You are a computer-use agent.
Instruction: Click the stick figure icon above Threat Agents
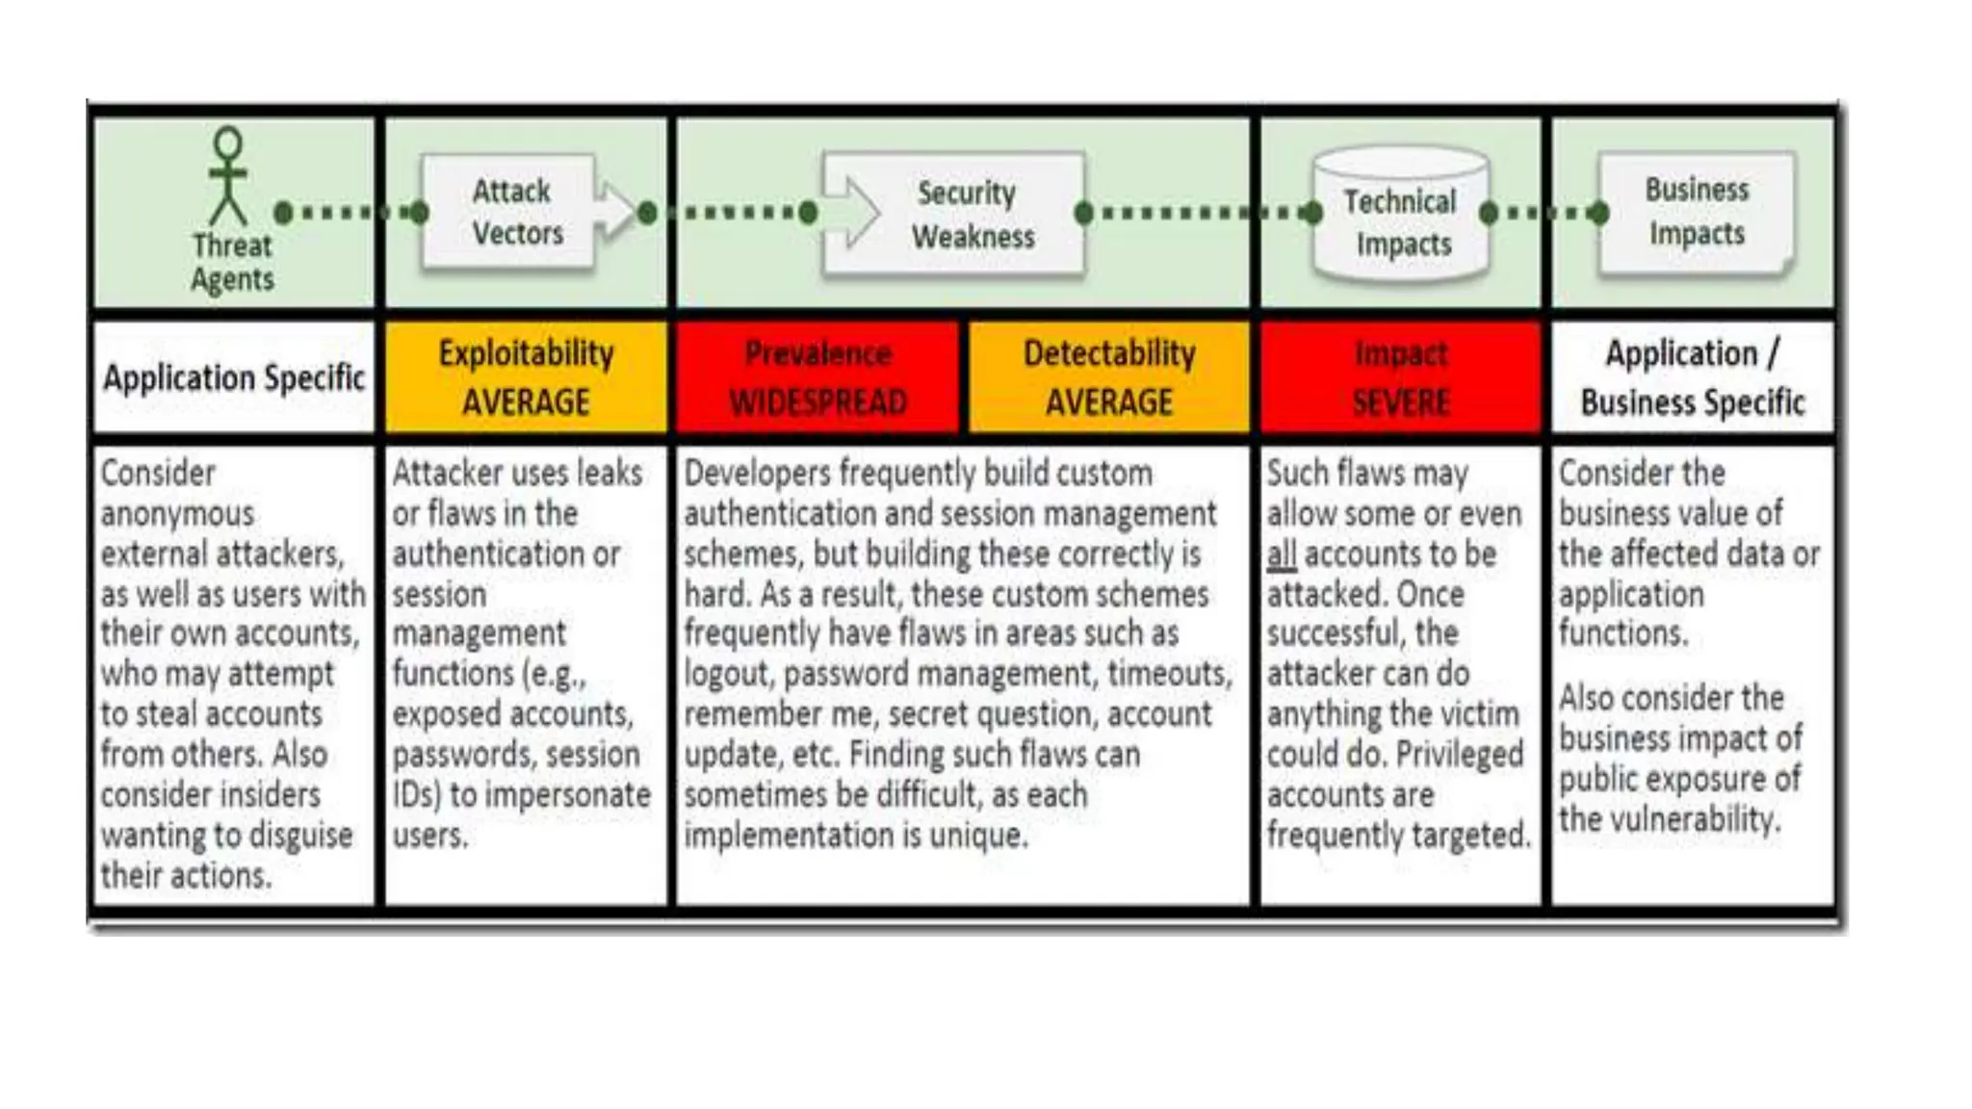(x=228, y=175)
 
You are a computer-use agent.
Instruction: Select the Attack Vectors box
(x=510, y=212)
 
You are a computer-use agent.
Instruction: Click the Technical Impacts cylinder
(x=1400, y=218)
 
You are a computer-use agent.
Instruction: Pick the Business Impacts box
(x=1697, y=212)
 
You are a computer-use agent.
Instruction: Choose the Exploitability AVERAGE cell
(x=526, y=377)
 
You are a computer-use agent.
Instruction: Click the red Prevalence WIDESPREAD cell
(x=817, y=377)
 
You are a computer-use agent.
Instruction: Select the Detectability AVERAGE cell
(x=1109, y=377)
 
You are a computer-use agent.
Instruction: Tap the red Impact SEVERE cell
(x=1401, y=377)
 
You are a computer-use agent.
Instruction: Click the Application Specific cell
(x=234, y=377)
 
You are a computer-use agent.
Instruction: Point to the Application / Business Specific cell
(x=1693, y=377)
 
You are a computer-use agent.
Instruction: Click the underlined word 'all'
(x=1282, y=554)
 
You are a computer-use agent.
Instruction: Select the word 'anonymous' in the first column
(x=177, y=514)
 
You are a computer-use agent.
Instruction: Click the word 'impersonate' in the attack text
(x=567, y=795)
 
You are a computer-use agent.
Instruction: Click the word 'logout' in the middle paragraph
(x=728, y=674)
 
